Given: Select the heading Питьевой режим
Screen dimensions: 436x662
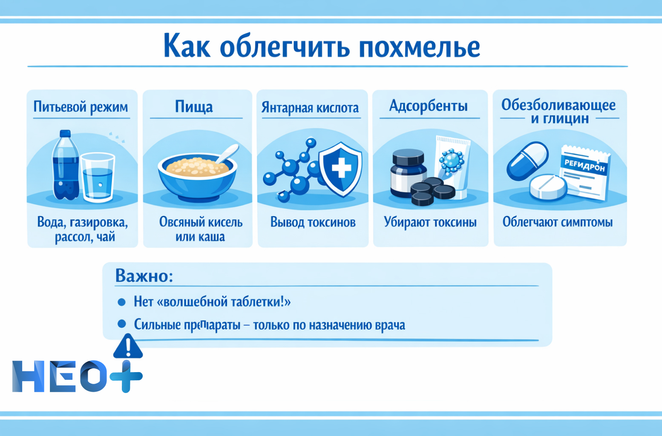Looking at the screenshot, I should (x=81, y=106).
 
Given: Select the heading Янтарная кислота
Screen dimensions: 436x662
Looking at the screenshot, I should (x=310, y=108).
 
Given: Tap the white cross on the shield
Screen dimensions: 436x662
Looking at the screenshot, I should (x=341, y=168).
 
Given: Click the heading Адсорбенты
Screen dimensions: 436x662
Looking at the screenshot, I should (x=429, y=106).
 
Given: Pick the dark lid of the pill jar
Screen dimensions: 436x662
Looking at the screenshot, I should (x=408, y=157).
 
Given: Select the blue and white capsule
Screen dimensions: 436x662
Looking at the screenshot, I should (x=527, y=161).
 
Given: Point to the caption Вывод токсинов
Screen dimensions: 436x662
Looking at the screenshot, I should (x=313, y=222).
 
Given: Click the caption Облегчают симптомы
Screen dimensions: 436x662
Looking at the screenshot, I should (x=557, y=222).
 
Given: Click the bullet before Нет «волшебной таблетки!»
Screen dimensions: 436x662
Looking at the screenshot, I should (x=121, y=302).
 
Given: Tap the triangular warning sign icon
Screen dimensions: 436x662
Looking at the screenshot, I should (x=128, y=347).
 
